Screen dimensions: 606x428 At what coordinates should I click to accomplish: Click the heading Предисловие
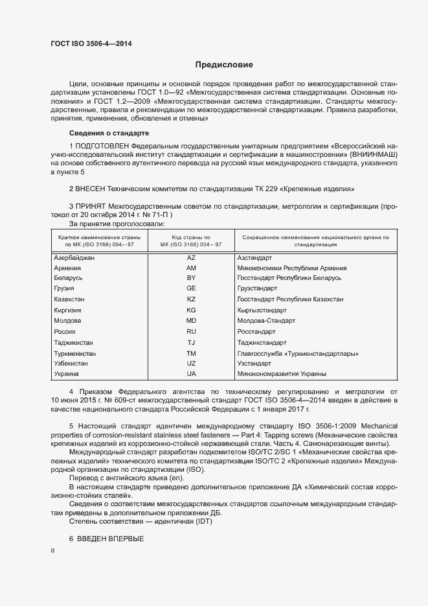(224, 65)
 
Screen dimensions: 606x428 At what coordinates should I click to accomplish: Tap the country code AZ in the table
(191, 257)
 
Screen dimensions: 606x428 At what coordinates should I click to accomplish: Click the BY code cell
(191, 278)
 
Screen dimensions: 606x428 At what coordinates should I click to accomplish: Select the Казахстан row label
(70, 299)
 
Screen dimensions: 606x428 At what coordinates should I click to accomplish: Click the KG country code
(191, 310)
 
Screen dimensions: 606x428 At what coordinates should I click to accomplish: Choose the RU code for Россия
(191, 331)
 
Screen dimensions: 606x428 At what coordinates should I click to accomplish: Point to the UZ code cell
(191, 364)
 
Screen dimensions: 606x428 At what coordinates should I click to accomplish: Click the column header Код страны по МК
(192, 241)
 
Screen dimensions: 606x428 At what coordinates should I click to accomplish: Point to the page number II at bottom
(53, 550)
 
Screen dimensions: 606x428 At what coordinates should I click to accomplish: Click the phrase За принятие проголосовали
(109, 224)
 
